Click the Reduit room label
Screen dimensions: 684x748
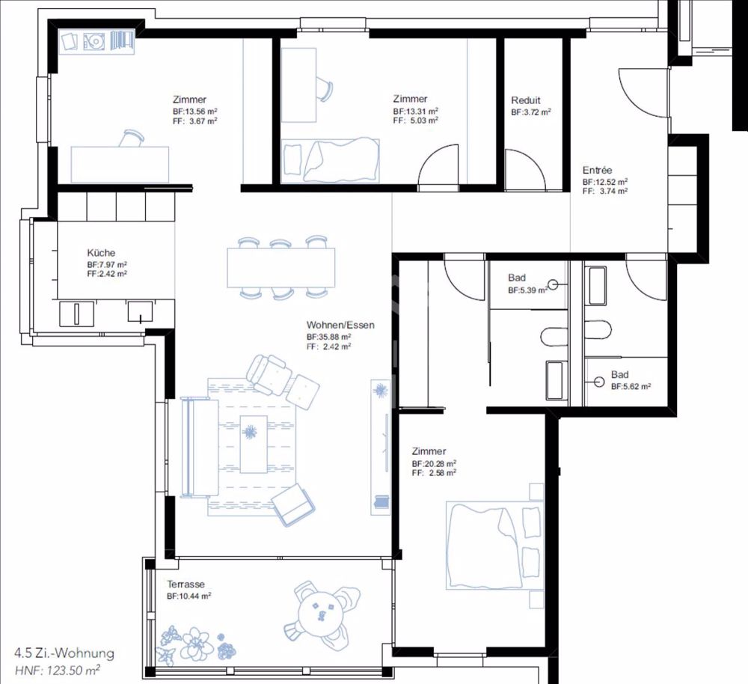point(525,100)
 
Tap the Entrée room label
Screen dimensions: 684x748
point(597,171)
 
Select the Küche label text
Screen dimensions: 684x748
point(101,253)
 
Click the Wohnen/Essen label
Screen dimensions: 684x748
point(340,326)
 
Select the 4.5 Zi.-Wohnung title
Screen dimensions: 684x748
point(64,653)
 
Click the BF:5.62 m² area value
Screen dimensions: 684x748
point(631,387)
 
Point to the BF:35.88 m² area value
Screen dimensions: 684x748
point(329,338)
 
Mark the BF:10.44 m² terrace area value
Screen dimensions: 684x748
point(188,596)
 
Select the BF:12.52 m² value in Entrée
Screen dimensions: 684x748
point(605,182)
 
